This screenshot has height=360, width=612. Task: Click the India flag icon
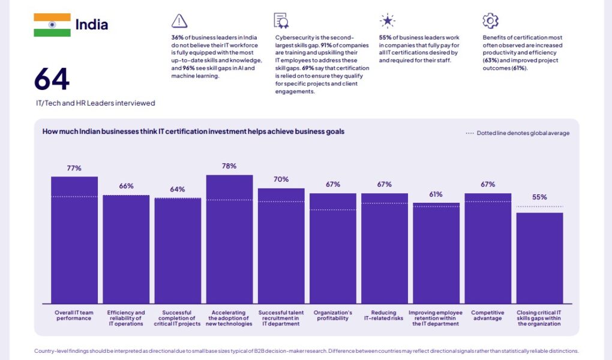52,25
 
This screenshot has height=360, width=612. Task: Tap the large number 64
52,79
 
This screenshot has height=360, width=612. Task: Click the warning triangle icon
179,21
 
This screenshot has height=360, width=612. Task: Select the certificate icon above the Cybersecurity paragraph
281,21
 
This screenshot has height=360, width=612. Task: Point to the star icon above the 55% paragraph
388,21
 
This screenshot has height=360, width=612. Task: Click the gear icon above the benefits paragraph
490,21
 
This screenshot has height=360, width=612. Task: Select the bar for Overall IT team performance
74,240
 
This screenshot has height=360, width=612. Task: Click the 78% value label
229,166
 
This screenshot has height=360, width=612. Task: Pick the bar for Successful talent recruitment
281,246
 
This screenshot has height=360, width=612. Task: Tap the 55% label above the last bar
539,197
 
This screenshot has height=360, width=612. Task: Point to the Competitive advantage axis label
487,316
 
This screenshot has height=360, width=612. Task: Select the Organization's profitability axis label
333,316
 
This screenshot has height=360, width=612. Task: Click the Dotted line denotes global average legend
518,133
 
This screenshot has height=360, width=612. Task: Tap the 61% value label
436,194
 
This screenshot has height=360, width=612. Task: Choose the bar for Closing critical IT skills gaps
539,258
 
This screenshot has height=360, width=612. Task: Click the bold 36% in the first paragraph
177,37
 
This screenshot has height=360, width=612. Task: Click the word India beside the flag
92,25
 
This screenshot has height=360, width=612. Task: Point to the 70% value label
281,179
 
